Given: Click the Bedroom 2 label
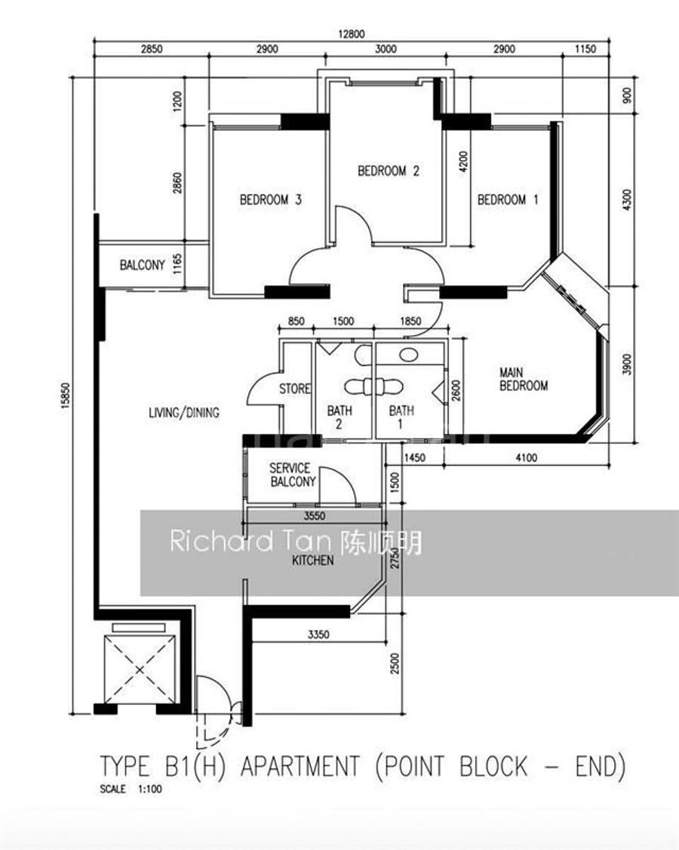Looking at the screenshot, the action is [389, 171].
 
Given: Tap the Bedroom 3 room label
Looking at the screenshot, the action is [270, 200].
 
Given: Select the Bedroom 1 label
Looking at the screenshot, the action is [508, 200].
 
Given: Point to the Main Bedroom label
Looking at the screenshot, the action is [524, 380].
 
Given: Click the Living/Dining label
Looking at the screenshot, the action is [184, 413].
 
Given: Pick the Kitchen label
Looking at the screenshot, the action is [312, 561].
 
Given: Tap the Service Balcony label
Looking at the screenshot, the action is [293, 475].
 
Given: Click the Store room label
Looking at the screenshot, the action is [295, 389].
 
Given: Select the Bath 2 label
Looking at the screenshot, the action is [339, 417].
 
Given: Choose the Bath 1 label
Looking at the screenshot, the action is [401, 417].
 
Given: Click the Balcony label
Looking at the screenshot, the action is [142, 265].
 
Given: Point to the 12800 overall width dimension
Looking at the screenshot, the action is [352, 34].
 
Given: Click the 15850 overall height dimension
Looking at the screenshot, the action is [66, 396].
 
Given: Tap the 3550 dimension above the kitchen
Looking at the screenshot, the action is [315, 516].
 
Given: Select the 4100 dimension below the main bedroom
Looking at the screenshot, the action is [526, 458].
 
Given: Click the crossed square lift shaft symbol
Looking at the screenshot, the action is [140, 670].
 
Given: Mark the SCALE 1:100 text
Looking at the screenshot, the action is [131, 790].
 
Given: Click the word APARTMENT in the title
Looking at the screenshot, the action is [300, 766].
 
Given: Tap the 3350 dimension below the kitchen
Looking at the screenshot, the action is [318, 634].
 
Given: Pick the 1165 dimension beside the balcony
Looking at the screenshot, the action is [177, 264].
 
